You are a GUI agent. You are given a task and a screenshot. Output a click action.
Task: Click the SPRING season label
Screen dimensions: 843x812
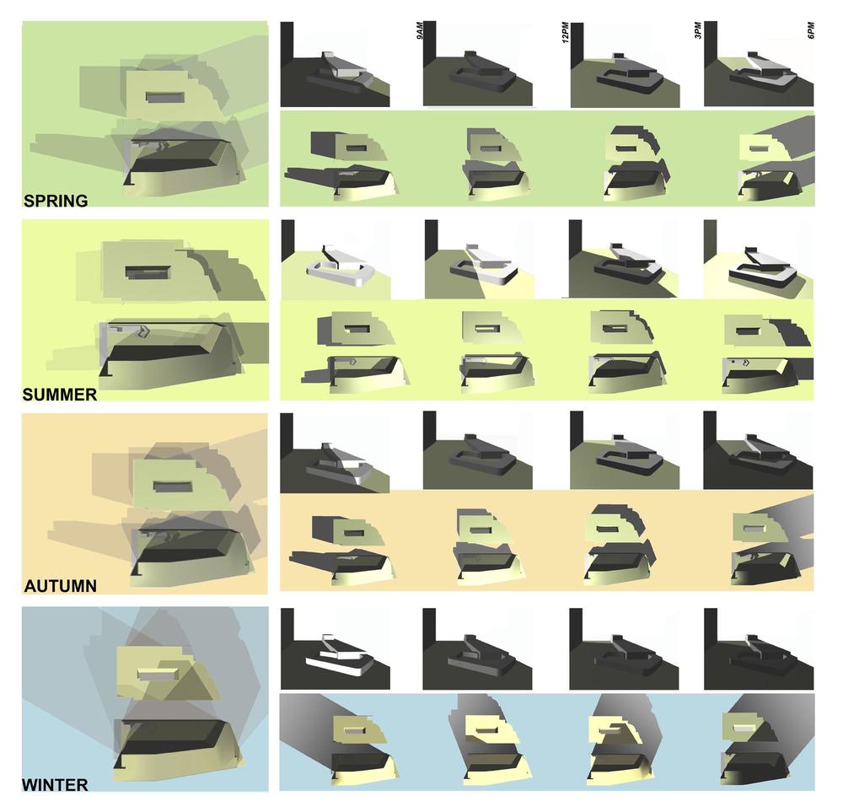pos(56,201)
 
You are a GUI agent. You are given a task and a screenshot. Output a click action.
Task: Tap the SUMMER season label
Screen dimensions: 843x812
pos(60,394)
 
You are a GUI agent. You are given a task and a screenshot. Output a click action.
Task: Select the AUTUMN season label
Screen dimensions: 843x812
pos(60,586)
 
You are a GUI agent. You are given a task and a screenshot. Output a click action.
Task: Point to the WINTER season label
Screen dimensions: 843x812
pos(55,784)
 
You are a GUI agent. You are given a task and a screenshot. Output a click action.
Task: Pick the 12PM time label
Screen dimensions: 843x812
pos(565,32)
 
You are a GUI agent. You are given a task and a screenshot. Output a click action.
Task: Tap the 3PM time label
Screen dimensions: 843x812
pos(698,30)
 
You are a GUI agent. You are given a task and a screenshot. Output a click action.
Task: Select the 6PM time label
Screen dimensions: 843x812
pos(811,30)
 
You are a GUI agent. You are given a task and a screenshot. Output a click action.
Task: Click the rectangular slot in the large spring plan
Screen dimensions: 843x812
pos(165,97)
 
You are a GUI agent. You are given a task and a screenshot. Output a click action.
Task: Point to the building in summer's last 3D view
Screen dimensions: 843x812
pos(764,268)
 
